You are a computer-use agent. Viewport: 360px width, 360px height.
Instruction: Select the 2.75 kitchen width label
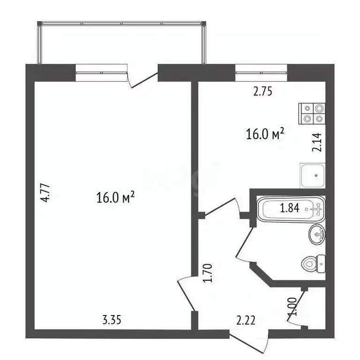(262, 92)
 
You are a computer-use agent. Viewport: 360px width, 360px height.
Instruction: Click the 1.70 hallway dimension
(210, 273)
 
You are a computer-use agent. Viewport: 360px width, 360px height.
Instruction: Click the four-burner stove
(312, 113)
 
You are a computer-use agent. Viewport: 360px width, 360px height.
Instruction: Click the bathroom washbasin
(317, 233)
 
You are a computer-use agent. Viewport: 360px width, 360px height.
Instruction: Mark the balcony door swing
(143, 78)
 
